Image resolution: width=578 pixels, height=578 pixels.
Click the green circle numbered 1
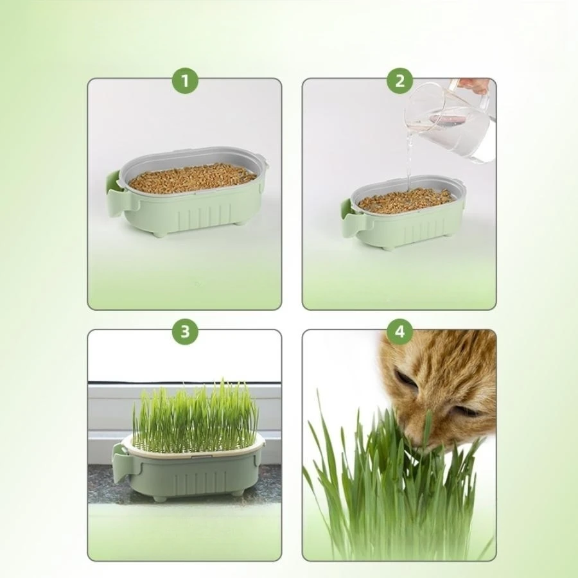tap(185, 81)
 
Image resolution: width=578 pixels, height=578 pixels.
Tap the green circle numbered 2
tap(399, 81)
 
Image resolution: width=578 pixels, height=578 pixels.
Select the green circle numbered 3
tap(185, 331)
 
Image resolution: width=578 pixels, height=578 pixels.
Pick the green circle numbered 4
tap(399, 331)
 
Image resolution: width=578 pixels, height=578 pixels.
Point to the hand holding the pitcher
tap(473, 85)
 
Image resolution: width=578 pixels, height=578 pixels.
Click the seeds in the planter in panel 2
tap(406, 200)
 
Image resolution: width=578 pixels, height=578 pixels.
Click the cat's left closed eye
tap(406, 379)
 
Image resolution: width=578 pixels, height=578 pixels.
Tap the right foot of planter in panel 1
tap(239, 222)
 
